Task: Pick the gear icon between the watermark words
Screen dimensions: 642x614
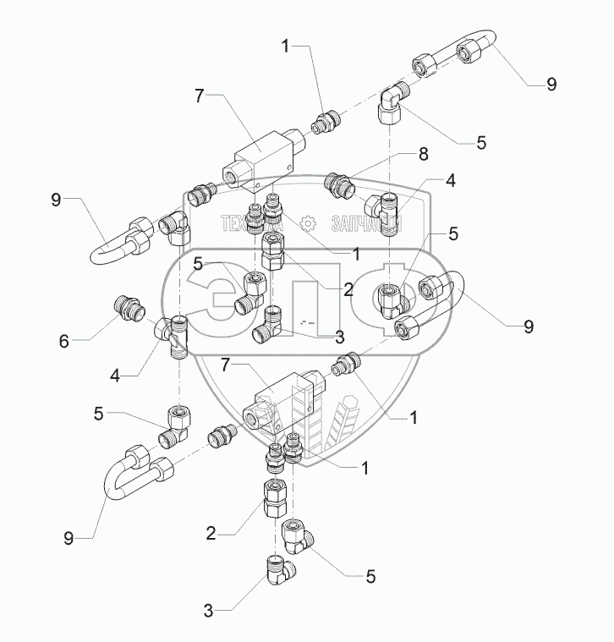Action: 308,223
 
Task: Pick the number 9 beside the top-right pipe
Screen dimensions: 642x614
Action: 551,84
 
